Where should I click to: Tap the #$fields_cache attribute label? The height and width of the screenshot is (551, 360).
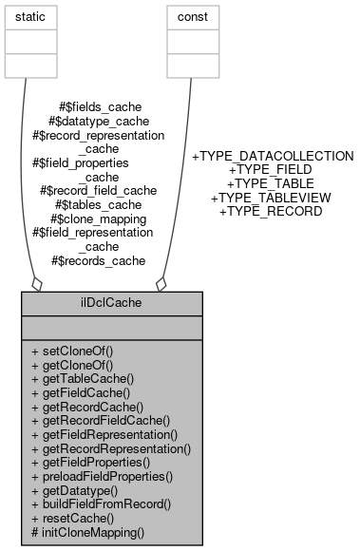click(98, 107)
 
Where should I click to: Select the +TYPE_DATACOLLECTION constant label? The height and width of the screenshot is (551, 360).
click(273, 156)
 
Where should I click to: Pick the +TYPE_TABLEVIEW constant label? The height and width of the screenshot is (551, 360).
click(271, 198)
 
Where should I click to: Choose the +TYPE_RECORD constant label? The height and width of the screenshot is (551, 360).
click(271, 211)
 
